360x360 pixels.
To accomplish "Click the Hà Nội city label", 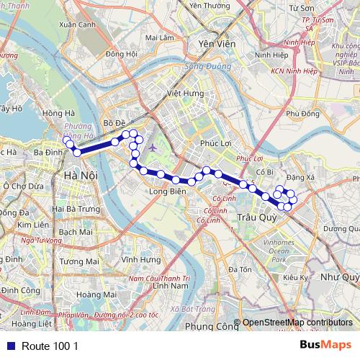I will point(80,176).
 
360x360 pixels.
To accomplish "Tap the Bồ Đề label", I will point(115,123).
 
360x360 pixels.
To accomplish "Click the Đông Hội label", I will point(121,53).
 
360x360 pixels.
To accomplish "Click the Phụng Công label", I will point(212,326).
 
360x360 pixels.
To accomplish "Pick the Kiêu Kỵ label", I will point(296,277).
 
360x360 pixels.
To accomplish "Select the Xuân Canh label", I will point(78,24).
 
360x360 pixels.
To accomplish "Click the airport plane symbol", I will point(153,148).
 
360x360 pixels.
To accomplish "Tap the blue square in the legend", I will point(9,346).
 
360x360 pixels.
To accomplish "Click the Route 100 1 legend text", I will point(50,346).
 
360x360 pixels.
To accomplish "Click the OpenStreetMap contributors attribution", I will point(297,323).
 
